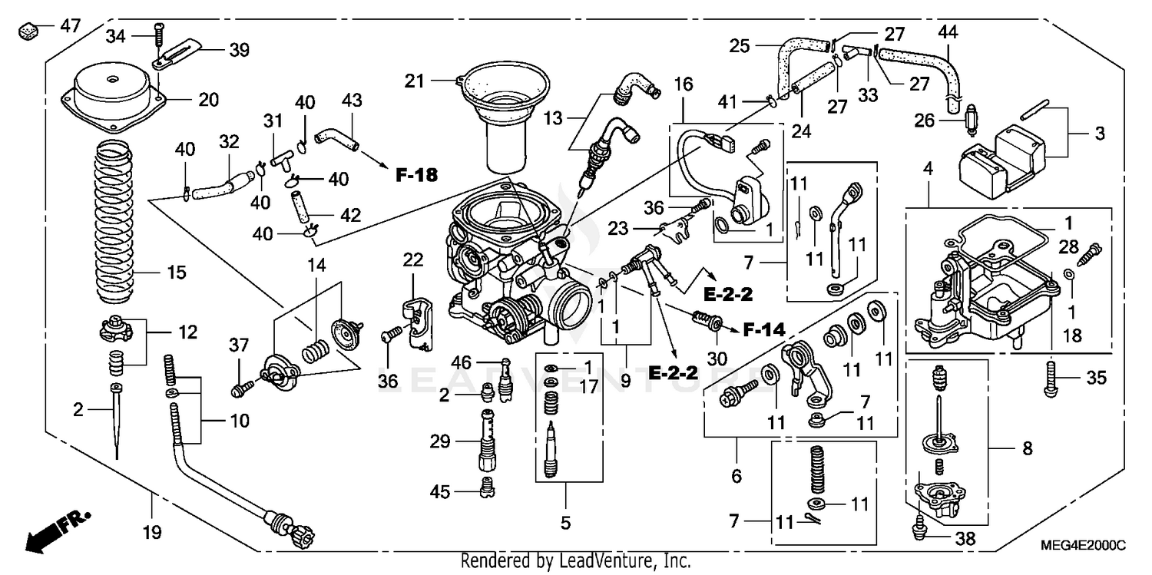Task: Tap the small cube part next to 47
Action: pyautogui.click(x=29, y=31)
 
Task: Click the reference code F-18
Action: pyautogui.click(x=416, y=175)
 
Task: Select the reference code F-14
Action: pyautogui.click(x=764, y=330)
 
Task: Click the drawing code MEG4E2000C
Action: pyautogui.click(x=1083, y=545)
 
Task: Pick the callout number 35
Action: pyautogui.click(x=1095, y=377)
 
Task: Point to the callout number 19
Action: pyautogui.click(x=153, y=532)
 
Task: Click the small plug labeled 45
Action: pyautogui.click(x=485, y=485)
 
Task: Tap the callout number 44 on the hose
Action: pyautogui.click(x=948, y=32)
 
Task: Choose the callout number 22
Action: pyautogui.click(x=413, y=260)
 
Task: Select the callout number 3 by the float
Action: pyautogui.click(x=1101, y=134)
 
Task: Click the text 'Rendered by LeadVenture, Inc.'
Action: pyautogui.click(x=575, y=561)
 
